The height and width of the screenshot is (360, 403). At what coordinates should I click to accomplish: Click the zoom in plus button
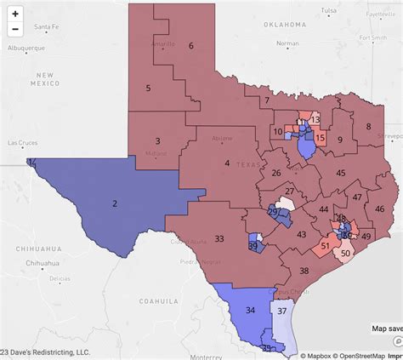(x=14, y=14)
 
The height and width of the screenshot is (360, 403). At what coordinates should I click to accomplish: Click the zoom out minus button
(x=14, y=30)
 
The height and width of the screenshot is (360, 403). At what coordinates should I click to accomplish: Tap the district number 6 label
(x=191, y=46)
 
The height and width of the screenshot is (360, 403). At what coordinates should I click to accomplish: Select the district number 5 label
(x=148, y=88)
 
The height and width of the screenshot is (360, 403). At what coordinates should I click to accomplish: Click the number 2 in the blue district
(x=114, y=203)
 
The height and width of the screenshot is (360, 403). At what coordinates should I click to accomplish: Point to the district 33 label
(x=219, y=238)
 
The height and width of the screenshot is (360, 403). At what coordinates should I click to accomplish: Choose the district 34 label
(x=250, y=311)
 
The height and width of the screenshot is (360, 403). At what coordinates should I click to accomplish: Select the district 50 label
(x=346, y=253)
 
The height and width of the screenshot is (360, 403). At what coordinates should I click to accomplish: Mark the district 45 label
(x=340, y=173)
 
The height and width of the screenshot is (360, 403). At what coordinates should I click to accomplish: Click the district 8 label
(x=369, y=126)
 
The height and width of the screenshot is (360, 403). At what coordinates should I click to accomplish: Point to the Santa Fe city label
(x=46, y=27)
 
